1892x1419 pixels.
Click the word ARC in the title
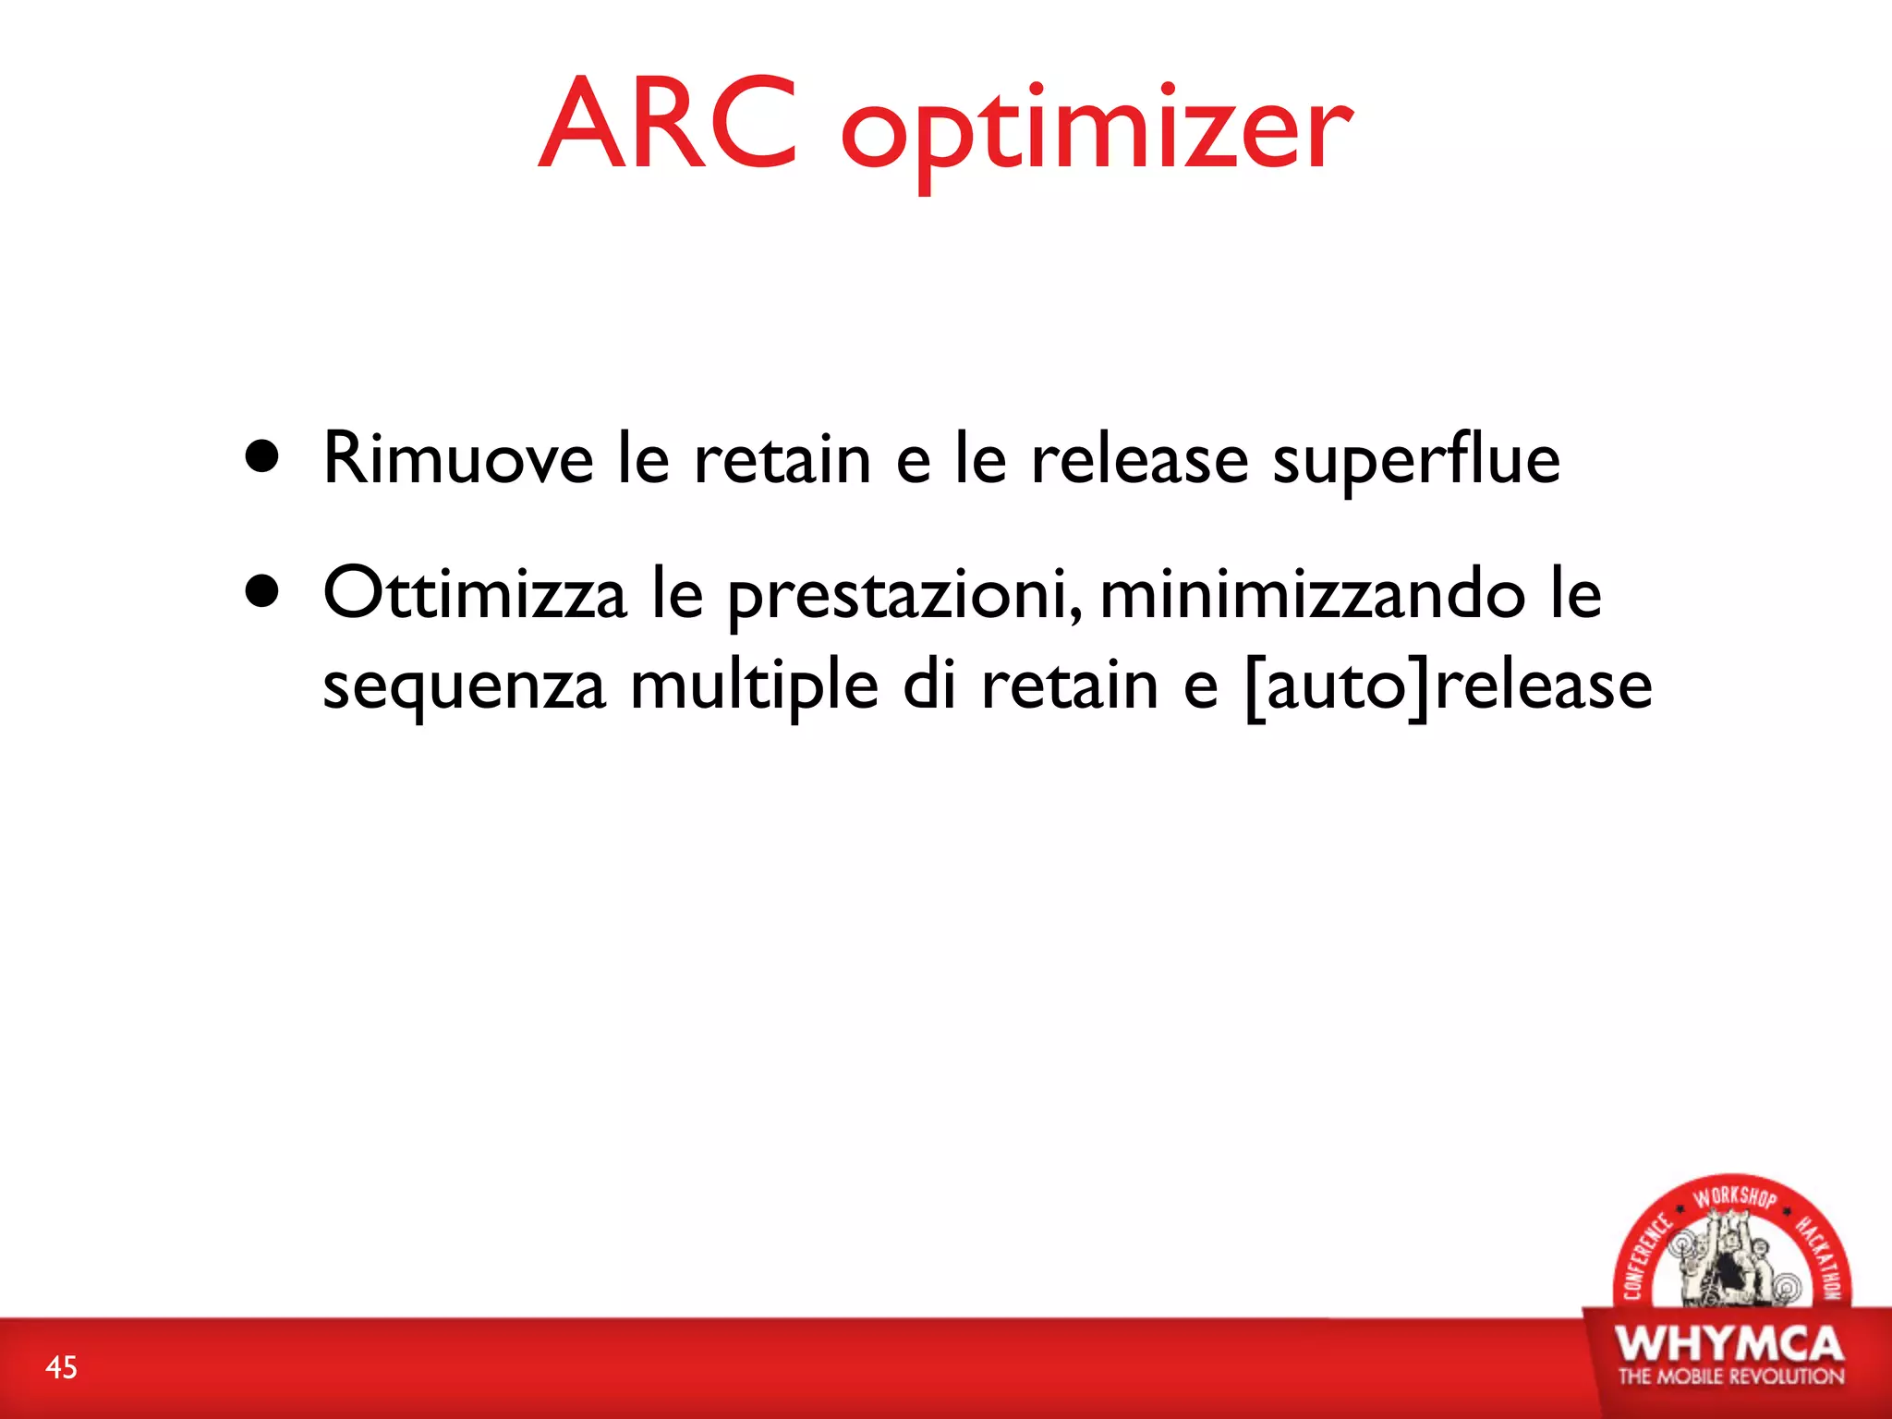tap(667, 124)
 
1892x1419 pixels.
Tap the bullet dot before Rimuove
tap(263, 456)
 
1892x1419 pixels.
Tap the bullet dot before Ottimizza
tap(263, 592)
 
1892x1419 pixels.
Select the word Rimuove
tap(457, 458)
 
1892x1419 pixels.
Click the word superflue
tap(1416, 460)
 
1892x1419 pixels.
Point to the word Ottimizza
tap(474, 593)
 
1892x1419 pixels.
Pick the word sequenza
tap(464, 687)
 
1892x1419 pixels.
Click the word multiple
tap(754, 687)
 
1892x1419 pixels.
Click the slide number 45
tap(62, 1367)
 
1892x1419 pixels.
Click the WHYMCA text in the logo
tap(1729, 1343)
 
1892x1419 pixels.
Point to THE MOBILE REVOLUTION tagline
tap(1730, 1377)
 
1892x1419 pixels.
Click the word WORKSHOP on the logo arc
tap(1734, 1196)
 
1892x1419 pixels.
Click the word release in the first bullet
tap(1139, 458)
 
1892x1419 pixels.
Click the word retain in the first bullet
tap(782, 458)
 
